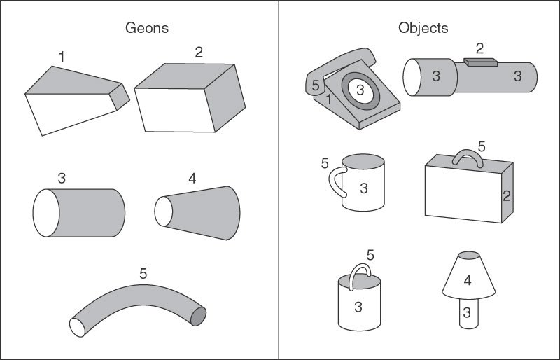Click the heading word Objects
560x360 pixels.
click(x=423, y=29)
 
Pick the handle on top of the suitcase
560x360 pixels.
click(x=468, y=158)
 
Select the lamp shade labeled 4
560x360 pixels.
click(x=468, y=280)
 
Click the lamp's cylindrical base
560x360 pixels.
click(x=467, y=312)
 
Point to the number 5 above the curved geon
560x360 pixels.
click(x=143, y=274)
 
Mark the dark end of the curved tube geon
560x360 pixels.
click(x=199, y=316)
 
